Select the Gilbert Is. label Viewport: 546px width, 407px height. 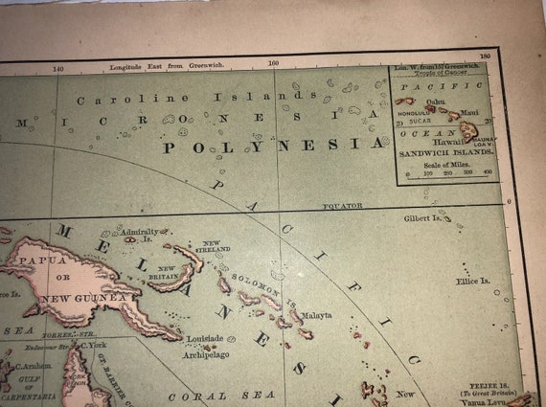coord(427,218)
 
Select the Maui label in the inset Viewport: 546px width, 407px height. coord(469,113)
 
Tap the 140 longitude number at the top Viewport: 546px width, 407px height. coord(57,69)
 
